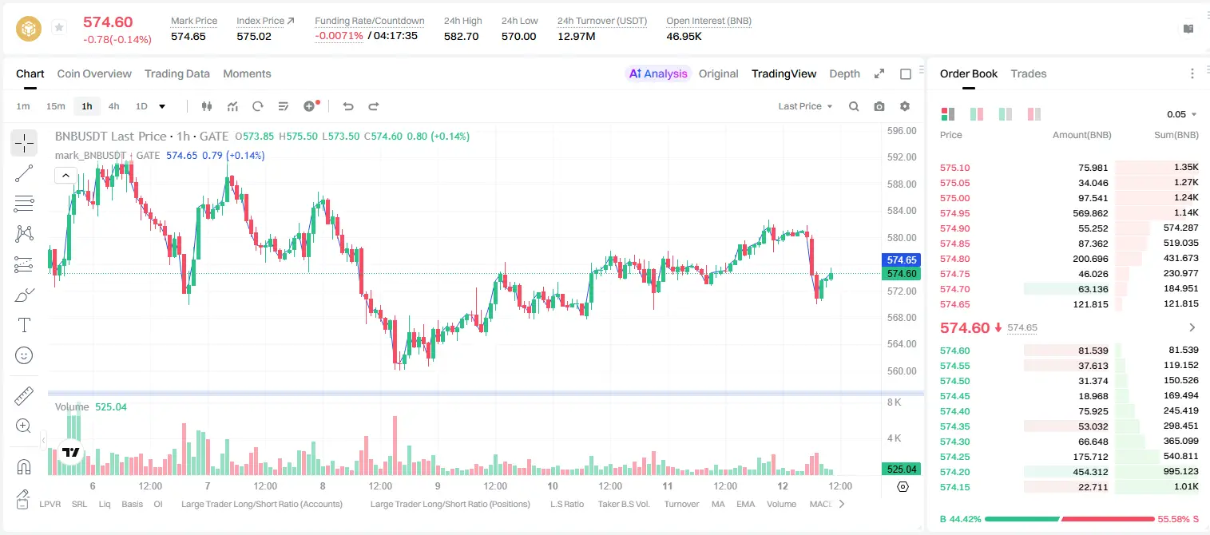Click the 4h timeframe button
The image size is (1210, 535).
click(113, 106)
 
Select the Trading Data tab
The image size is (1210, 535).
click(177, 73)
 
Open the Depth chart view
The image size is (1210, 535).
click(844, 73)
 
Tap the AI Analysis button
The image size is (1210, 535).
click(658, 73)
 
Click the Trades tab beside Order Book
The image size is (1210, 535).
click(1029, 73)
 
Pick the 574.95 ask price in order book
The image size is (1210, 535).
click(954, 213)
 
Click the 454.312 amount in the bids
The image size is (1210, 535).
click(1090, 472)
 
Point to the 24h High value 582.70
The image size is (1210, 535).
click(462, 36)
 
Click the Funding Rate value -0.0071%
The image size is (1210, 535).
click(339, 36)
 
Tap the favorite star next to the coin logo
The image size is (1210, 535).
click(59, 27)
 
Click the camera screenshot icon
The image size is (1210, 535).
click(879, 106)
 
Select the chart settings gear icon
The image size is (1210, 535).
click(905, 106)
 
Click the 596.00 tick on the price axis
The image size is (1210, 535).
click(902, 131)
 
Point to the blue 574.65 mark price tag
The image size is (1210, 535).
click(901, 260)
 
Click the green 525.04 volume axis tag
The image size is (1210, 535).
click(901, 470)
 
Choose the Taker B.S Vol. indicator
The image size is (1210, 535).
click(623, 504)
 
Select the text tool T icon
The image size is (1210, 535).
click(24, 325)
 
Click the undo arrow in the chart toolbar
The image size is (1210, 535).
click(348, 106)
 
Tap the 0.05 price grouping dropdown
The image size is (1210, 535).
click(1181, 114)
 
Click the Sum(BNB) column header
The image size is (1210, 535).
click(1176, 135)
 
